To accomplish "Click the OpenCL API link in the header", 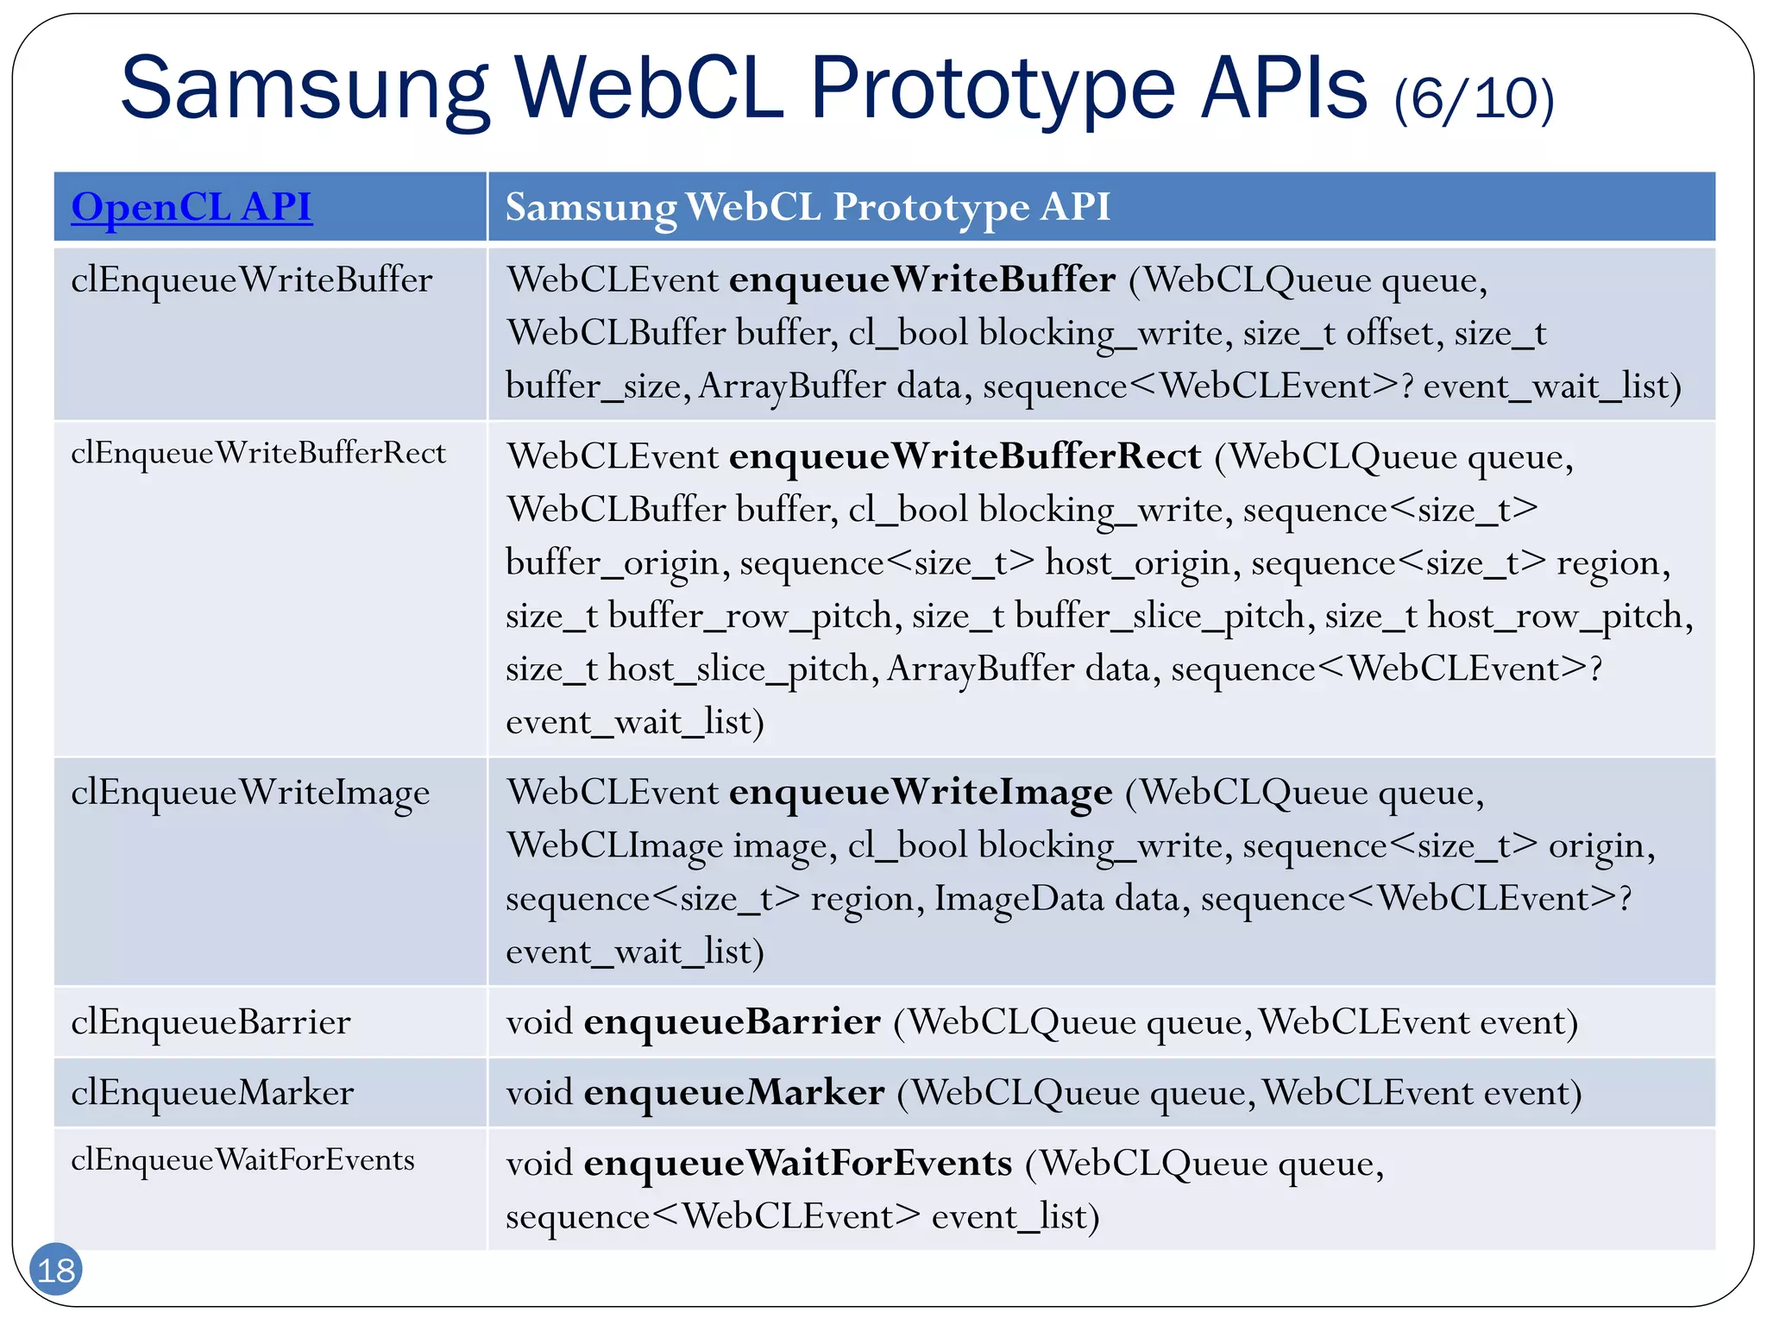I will pos(192,207).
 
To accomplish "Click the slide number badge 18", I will pos(56,1270).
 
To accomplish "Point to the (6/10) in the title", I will pos(1474,98).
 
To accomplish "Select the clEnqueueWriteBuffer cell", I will pos(252,280).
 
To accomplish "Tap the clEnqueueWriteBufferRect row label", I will pos(258,453).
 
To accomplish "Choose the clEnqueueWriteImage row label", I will pos(250,793).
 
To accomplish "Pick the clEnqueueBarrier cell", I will pos(211,1022).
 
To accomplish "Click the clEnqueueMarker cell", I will pos(212,1093).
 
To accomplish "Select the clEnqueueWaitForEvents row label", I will pos(242,1160).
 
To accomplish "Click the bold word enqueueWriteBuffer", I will pos(922,280).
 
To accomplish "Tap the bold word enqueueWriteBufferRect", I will pos(965,456).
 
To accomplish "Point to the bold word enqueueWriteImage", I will pos(921,793).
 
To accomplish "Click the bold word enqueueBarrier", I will pos(733,1022).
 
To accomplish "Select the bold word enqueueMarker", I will pos(734,1093).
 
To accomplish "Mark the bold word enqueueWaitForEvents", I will pos(798,1164).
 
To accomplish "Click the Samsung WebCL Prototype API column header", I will pos(808,207).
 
